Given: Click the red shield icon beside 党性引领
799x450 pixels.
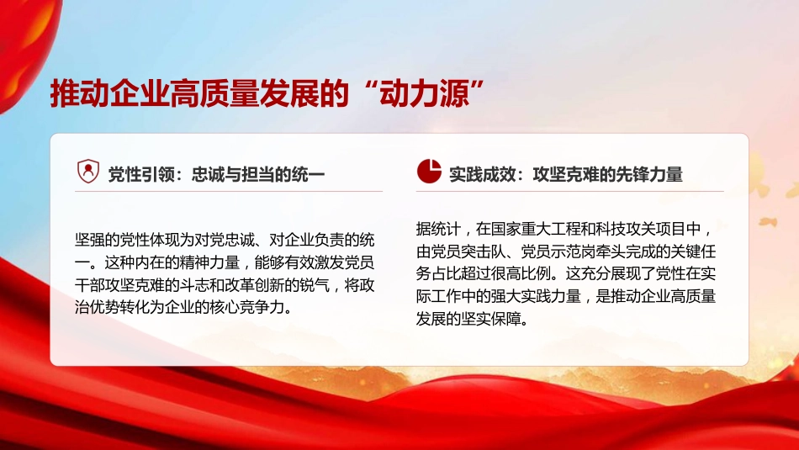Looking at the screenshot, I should click(x=87, y=172).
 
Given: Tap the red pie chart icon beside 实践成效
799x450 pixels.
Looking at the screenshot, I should click(x=429, y=172).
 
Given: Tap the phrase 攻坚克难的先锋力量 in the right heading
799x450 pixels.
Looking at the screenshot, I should click(x=606, y=174).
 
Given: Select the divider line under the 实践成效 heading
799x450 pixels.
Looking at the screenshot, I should click(x=569, y=192).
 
